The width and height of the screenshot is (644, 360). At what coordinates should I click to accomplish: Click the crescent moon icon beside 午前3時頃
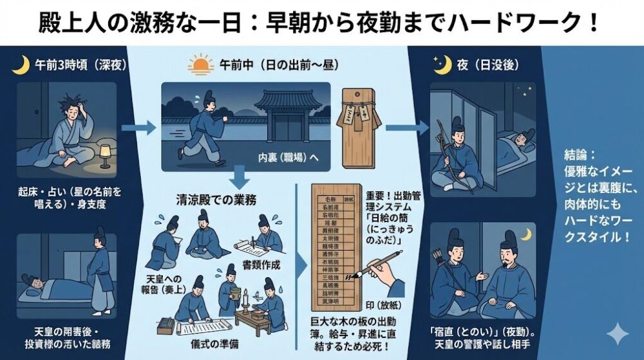[x=21, y=65]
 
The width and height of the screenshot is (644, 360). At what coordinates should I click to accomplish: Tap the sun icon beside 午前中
[x=200, y=65]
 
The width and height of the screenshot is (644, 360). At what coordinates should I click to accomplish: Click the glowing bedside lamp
[x=104, y=153]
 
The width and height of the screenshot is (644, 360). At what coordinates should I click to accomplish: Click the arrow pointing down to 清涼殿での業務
[x=240, y=176]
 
